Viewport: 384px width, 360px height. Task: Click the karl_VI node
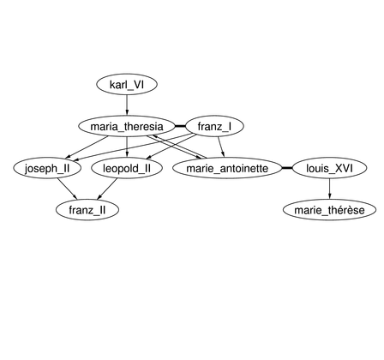point(127,85)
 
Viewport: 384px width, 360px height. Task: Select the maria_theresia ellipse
point(127,126)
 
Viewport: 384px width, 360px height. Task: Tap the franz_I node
point(214,126)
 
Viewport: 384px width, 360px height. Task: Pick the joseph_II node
point(47,168)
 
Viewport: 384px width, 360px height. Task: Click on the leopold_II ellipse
point(127,168)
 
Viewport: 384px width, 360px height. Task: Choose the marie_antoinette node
point(227,168)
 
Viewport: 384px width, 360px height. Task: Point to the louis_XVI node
point(329,168)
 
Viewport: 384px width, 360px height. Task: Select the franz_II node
point(87,210)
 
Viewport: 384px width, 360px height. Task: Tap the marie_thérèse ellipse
point(329,210)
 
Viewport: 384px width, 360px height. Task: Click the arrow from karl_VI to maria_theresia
point(127,105)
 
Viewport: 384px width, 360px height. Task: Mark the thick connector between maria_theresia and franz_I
point(180,126)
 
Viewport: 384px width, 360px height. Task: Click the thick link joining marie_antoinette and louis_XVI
point(287,168)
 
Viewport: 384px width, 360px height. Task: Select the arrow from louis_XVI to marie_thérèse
point(329,189)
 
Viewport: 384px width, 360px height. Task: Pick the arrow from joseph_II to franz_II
point(67,189)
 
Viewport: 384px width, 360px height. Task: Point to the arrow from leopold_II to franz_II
point(107,189)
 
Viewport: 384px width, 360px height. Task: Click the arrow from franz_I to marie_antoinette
point(221,147)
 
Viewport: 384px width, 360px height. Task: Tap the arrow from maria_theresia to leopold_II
point(127,147)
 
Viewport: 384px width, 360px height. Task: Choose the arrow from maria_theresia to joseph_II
point(87,147)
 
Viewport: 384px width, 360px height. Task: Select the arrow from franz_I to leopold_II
point(171,147)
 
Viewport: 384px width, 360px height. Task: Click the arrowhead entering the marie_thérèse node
point(329,197)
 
